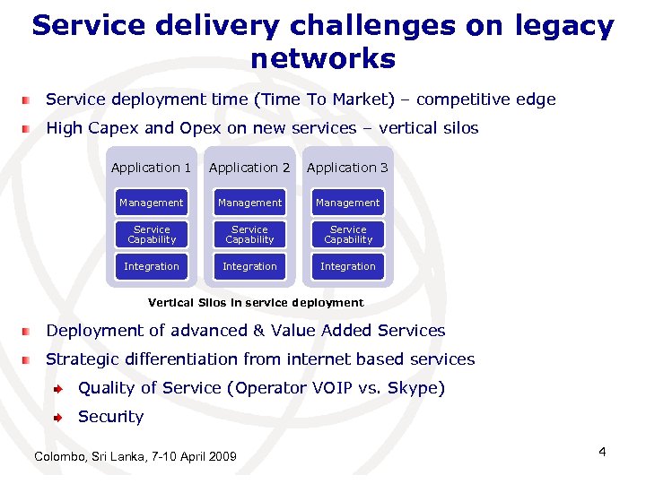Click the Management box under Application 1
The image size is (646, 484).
pos(152,203)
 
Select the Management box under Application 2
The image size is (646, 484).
pos(249,203)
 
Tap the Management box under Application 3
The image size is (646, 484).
pos(348,203)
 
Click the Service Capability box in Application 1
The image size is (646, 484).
pos(152,235)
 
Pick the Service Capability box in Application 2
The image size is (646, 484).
pos(249,235)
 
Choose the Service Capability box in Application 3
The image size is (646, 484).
pos(348,235)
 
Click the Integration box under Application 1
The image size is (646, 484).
pos(152,266)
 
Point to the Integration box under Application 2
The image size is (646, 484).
pos(249,266)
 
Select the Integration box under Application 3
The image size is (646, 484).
pos(348,266)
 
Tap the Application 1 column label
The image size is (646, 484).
pos(151,168)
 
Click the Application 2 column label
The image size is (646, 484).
pos(249,168)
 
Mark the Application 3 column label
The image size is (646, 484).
pos(347,168)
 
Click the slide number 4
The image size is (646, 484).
pos(602,452)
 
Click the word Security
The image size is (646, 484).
pos(110,417)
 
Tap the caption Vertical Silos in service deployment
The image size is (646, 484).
pos(256,303)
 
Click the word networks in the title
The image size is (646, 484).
pos(323,59)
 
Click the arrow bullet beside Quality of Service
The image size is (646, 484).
pos(57,389)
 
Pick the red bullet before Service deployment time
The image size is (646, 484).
pos(29,100)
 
